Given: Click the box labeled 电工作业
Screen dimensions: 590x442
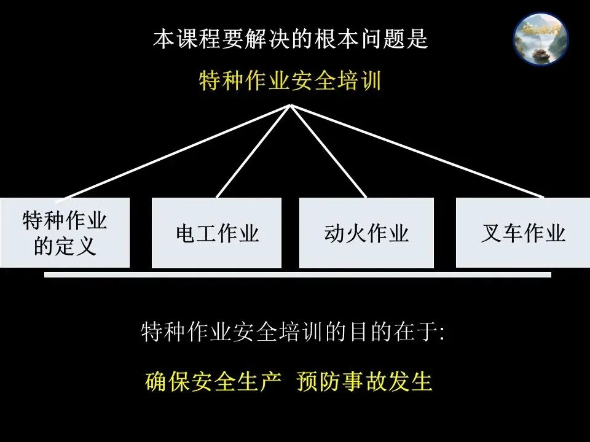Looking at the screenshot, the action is (216, 233).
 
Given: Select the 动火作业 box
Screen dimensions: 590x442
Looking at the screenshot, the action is (366, 233).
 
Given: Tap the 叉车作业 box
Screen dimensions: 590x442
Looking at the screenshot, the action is (522, 233).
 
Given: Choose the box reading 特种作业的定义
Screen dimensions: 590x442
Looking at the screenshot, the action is (65, 233).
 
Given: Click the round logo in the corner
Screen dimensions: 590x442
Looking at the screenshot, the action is (541, 39).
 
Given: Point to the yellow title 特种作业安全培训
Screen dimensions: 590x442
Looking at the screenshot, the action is (290, 80).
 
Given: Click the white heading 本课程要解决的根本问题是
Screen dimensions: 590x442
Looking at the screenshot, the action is (290, 40).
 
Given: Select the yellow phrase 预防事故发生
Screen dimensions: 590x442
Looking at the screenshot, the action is (364, 381).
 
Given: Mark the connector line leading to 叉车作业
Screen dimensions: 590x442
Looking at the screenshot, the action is (418, 151).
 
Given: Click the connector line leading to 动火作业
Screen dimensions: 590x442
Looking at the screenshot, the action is (328, 151).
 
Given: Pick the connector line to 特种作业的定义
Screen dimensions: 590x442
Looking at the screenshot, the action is (172, 152).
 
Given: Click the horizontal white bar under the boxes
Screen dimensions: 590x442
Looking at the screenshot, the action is (297, 275).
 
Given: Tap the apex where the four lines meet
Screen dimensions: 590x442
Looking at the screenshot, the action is (291, 105).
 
